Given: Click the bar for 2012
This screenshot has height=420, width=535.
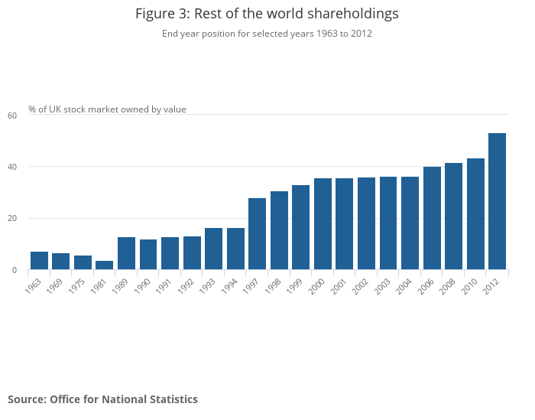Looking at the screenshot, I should [x=497, y=201].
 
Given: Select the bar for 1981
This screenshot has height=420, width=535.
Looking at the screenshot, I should [x=105, y=265].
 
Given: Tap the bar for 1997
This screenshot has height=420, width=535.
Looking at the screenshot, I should [x=257, y=234].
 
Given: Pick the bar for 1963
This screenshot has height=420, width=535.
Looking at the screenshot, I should [x=39, y=261].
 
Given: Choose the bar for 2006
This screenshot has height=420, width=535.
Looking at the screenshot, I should [x=432, y=218].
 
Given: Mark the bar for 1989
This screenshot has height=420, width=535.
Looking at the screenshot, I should [x=126, y=253].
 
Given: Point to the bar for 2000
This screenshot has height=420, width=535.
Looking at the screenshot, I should [x=323, y=224].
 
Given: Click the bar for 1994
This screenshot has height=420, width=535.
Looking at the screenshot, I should [x=235, y=249].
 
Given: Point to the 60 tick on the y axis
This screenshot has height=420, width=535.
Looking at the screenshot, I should [x=12, y=116].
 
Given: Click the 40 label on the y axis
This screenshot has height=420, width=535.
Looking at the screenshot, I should [x=12, y=167].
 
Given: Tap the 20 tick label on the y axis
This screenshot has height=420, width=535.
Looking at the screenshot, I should [x=12, y=219].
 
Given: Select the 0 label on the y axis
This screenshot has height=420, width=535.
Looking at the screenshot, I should [x=14, y=270].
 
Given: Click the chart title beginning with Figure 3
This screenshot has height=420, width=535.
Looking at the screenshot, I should [x=267, y=14].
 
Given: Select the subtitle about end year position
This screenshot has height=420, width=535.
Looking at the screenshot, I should [x=267, y=34].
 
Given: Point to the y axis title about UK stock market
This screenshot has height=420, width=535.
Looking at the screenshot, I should [x=107, y=109].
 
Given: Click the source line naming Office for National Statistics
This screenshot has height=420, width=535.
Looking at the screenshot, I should [x=102, y=399].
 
